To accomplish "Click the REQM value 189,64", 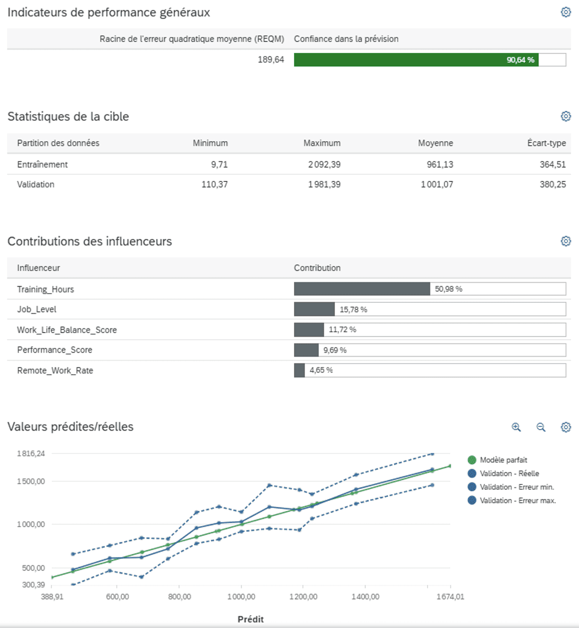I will pyautogui.click(x=271, y=60).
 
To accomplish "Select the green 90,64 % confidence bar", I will pyautogui.click(x=416, y=60).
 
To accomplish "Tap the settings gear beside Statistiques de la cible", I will pyautogui.click(x=566, y=116).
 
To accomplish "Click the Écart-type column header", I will pyautogui.click(x=546, y=143).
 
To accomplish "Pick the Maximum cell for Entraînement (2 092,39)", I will pyautogui.click(x=324, y=164).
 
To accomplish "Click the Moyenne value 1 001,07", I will pyautogui.click(x=436, y=185).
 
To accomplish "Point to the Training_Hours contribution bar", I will pyautogui.click(x=362, y=289).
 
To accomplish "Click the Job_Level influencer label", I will pyautogui.click(x=37, y=309).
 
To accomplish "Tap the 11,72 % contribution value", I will pyautogui.click(x=342, y=330).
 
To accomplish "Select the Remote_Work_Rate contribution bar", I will pyautogui.click(x=299, y=370).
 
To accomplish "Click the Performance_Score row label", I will pyautogui.click(x=55, y=350).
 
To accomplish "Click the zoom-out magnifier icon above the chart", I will pyautogui.click(x=541, y=427).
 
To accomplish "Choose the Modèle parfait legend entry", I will pyautogui.click(x=503, y=460).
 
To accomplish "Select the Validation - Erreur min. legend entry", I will pyautogui.click(x=516, y=487).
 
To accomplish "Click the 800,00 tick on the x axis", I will pyautogui.click(x=180, y=596).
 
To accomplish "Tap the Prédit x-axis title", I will pyautogui.click(x=251, y=619).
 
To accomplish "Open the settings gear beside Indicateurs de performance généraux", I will pyautogui.click(x=566, y=12).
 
